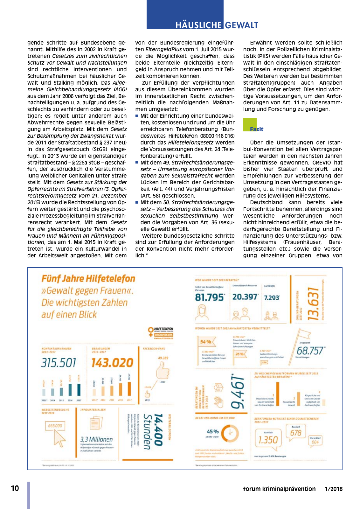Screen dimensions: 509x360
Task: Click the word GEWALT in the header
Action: pos(242,25)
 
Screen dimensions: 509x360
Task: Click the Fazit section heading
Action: pos(256,129)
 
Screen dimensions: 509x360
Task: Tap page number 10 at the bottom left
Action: pos(15,488)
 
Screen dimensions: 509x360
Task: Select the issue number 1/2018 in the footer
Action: pos(333,489)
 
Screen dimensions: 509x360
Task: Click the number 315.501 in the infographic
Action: pos(59,363)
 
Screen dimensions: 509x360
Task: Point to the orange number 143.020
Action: pos(112,363)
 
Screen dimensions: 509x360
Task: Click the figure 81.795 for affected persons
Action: pos(210,297)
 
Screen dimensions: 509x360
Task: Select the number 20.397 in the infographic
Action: pos(245,297)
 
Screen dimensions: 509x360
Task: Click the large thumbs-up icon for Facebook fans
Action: pos(163,371)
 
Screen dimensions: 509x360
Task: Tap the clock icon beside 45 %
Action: pos(230,433)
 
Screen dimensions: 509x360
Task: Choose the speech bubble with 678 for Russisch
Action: pos(296,433)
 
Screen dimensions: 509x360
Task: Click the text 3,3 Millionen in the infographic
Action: pos(96,439)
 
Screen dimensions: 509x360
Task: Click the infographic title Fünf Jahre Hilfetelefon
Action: pos(88,279)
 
